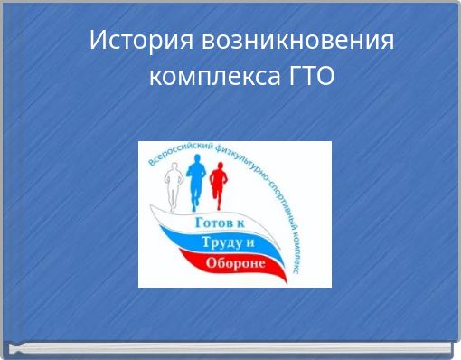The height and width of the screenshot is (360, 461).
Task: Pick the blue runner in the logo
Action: (x=196, y=181)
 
